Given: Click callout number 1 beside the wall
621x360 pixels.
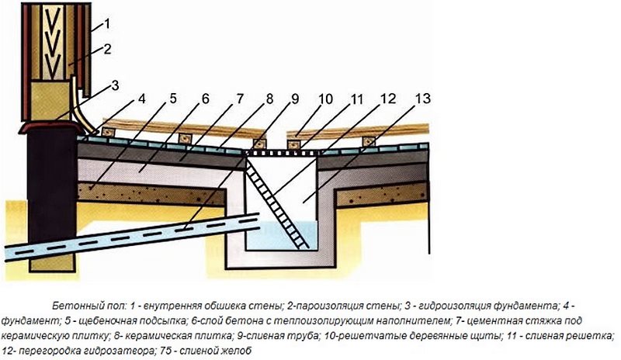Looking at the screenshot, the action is point(106,24).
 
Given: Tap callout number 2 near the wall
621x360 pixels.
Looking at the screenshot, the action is point(107,50).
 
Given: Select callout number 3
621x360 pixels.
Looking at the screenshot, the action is point(115,85).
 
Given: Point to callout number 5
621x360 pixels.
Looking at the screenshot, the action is point(173,99).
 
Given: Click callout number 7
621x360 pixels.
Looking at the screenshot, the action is point(240,99).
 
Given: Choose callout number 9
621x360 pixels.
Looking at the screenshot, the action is point(295,99).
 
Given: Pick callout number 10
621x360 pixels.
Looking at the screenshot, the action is point(325,99).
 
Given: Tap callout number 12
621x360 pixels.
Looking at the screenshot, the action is point(389,99).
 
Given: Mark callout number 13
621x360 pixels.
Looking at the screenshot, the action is point(422,99).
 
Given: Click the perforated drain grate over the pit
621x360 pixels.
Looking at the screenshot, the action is point(282,153).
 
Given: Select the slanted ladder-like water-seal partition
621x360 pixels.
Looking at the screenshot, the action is point(278,203).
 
